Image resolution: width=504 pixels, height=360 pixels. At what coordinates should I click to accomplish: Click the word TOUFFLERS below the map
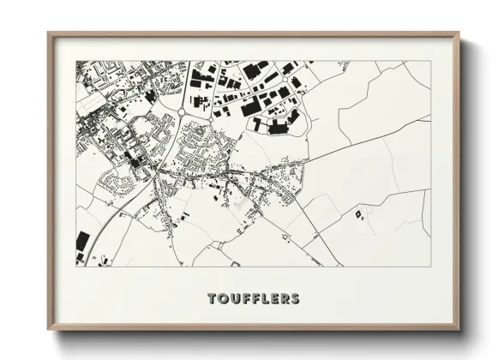(x=254, y=299)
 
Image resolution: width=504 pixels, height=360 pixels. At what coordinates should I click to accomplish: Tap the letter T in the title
(x=213, y=299)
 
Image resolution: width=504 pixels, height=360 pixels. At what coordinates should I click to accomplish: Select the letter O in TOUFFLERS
(x=223, y=299)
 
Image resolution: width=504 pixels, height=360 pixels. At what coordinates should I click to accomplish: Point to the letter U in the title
(x=234, y=299)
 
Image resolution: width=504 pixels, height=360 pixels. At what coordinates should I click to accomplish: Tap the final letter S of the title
(x=295, y=299)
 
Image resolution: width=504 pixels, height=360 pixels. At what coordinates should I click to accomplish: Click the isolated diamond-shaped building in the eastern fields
(x=357, y=212)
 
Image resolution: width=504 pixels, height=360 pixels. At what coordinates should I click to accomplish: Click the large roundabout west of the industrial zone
(x=183, y=111)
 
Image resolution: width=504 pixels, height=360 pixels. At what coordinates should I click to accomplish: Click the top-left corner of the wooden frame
(x=49, y=34)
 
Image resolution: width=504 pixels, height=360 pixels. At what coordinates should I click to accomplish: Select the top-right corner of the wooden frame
(x=458, y=34)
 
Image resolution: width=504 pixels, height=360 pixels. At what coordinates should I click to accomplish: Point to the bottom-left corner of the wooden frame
(x=49, y=330)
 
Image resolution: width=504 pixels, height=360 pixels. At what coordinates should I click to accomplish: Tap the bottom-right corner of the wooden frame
(x=458, y=330)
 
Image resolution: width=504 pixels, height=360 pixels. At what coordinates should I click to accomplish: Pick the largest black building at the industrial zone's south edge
(x=279, y=129)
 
